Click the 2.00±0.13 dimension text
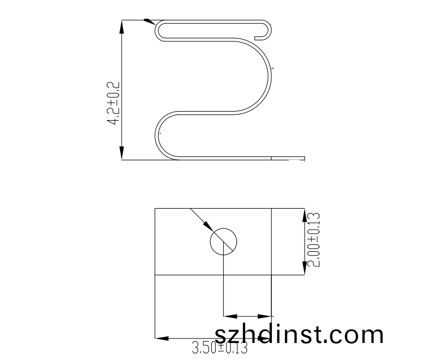tap(313, 240)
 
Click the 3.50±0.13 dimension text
tap(220, 348)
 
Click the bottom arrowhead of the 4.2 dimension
tap(122, 154)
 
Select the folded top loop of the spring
tap(210, 31)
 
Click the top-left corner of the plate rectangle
tap(155, 209)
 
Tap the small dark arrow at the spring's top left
tap(149, 22)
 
